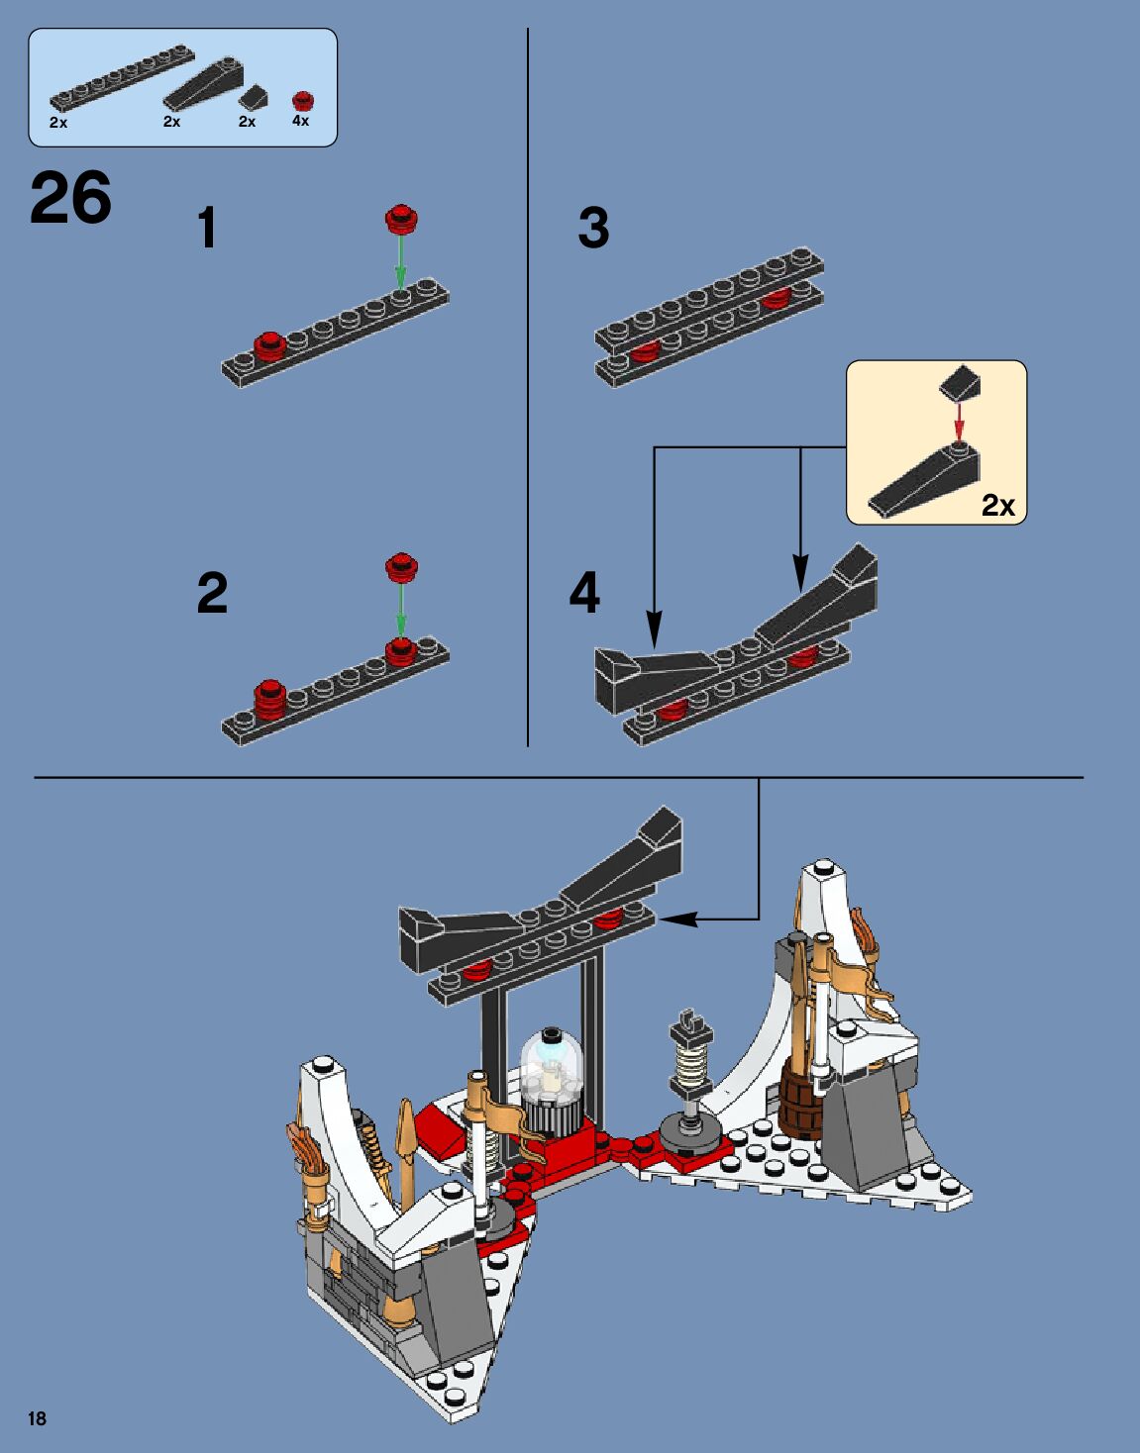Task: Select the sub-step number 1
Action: pos(207,228)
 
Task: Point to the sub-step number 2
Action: pos(212,593)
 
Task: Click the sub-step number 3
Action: pos(593,228)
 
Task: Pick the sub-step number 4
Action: pos(584,593)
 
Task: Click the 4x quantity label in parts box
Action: pos(300,121)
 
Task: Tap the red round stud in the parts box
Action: pos(303,101)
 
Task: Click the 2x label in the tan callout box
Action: pos(998,506)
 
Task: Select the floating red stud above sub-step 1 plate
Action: pos(401,220)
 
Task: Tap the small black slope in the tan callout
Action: pos(960,384)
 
